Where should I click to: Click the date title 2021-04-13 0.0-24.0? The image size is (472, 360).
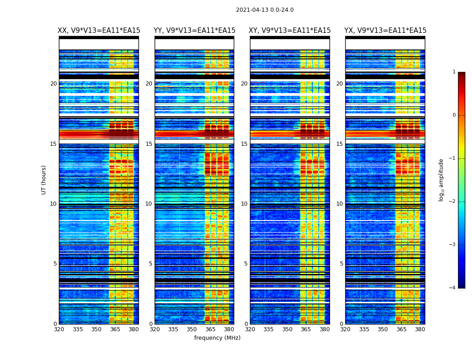pyautogui.click(x=265, y=10)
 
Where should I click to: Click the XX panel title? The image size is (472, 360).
pyautogui.click(x=99, y=31)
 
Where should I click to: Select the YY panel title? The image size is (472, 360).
pyautogui.click(x=194, y=31)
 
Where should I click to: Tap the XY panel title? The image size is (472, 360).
pyautogui.click(x=290, y=31)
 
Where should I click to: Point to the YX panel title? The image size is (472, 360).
pyautogui.click(x=385, y=31)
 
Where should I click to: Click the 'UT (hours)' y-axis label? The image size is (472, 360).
pyautogui.click(x=44, y=180)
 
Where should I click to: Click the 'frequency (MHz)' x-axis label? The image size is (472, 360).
pyautogui.click(x=217, y=338)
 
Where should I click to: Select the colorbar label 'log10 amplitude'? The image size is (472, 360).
pyautogui.click(x=441, y=180)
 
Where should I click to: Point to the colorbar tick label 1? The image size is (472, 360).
pyautogui.click(x=454, y=72)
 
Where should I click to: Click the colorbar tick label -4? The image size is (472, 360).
pyautogui.click(x=453, y=288)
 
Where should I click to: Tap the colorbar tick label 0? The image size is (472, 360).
pyautogui.click(x=454, y=115)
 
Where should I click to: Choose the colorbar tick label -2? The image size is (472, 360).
pyautogui.click(x=453, y=202)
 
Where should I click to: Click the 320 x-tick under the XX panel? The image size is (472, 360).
pyautogui.click(x=59, y=329)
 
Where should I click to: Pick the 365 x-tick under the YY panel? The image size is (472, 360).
pyautogui.click(x=210, y=329)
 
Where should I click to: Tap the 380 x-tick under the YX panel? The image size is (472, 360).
pyautogui.click(x=420, y=329)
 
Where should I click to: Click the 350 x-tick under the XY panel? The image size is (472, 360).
pyautogui.click(x=287, y=329)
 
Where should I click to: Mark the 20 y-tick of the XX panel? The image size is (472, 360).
pyautogui.click(x=53, y=84)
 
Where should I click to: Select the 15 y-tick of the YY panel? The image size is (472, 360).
pyautogui.click(x=149, y=144)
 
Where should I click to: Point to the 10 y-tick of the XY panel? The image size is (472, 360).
pyautogui.click(x=244, y=204)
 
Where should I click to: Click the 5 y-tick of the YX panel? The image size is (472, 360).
pyautogui.click(x=342, y=264)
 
